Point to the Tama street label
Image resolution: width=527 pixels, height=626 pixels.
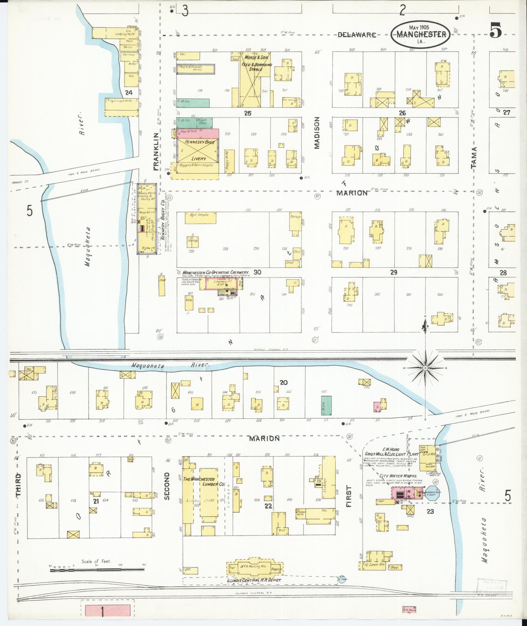tap(474, 157)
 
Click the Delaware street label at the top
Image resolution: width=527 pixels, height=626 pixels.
tap(357, 35)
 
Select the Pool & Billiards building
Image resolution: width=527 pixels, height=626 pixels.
tap(196, 69)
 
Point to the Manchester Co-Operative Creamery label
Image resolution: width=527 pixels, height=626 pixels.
tap(216, 272)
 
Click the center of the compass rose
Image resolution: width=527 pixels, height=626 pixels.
tap(425, 368)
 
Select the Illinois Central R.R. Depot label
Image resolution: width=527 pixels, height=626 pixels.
tap(256, 580)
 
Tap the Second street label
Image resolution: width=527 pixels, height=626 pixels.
tap(167, 491)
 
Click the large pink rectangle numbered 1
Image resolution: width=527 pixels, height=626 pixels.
tap(108, 611)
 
